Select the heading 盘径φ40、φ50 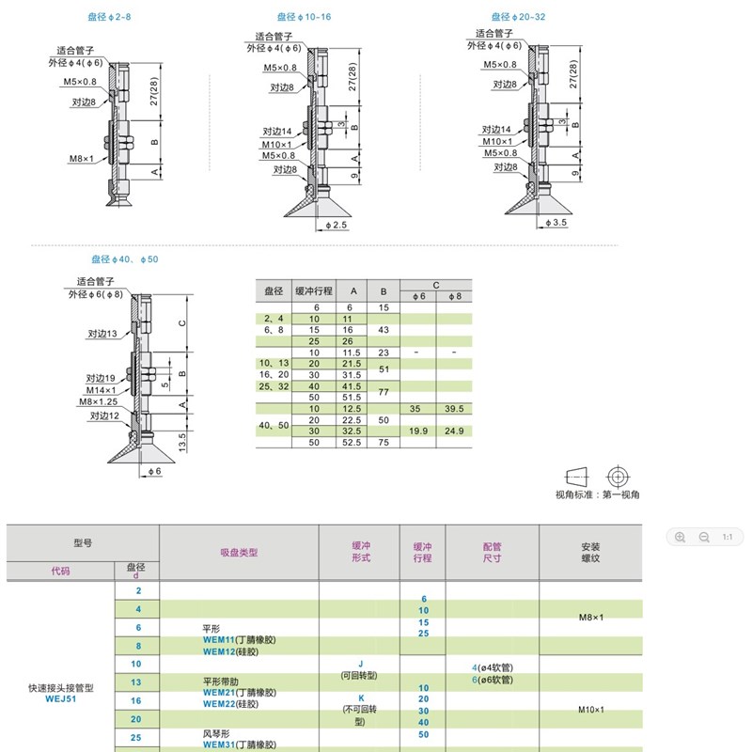[x=124, y=259]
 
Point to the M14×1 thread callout [x=102, y=389]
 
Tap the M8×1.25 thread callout [x=98, y=401]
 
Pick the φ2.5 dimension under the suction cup [x=337, y=226]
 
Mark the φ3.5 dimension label [x=556, y=223]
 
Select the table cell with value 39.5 [x=453, y=409]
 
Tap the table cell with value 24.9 [x=453, y=431]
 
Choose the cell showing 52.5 [x=352, y=442]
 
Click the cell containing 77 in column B [x=384, y=392]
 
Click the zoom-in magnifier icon [x=680, y=537]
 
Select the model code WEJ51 [x=59, y=698]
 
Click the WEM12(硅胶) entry [x=235, y=651]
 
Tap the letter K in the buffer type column [x=361, y=698]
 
